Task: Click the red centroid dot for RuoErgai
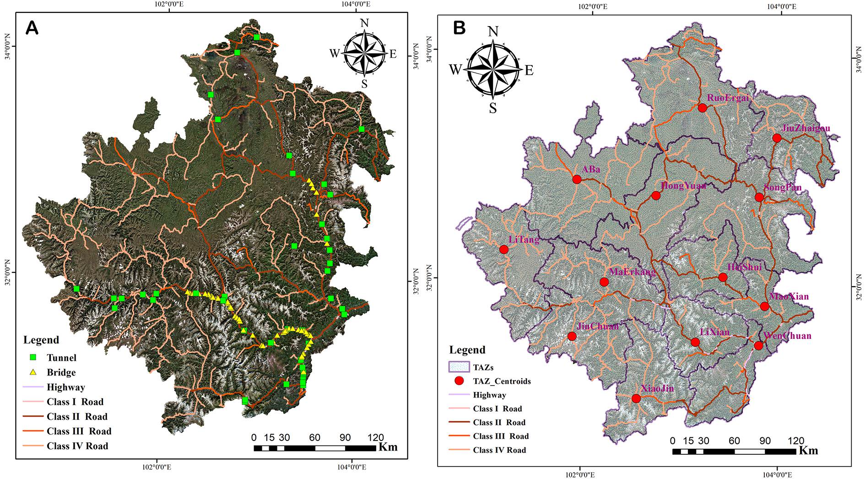click(702, 108)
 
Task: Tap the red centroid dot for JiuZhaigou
click(776, 138)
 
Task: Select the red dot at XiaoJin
click(636, 398)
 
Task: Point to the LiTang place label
click(524, 239)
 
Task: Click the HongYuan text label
click(683, 185)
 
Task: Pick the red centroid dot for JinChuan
click(572, 336)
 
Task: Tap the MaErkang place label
click(632, 272)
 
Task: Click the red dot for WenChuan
click(758, 345)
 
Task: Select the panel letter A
click(32, 28)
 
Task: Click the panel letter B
click(459, 28)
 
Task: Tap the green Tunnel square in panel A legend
click(33, 357)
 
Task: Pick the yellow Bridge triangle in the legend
click(33, 372)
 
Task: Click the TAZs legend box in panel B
click(459, 367)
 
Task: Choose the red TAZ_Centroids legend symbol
click(460, 381)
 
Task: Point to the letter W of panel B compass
click(455, 70)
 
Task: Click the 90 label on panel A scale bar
click(345, 438)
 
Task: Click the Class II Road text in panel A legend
click(77, 416)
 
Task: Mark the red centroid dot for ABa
click(577, 179)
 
